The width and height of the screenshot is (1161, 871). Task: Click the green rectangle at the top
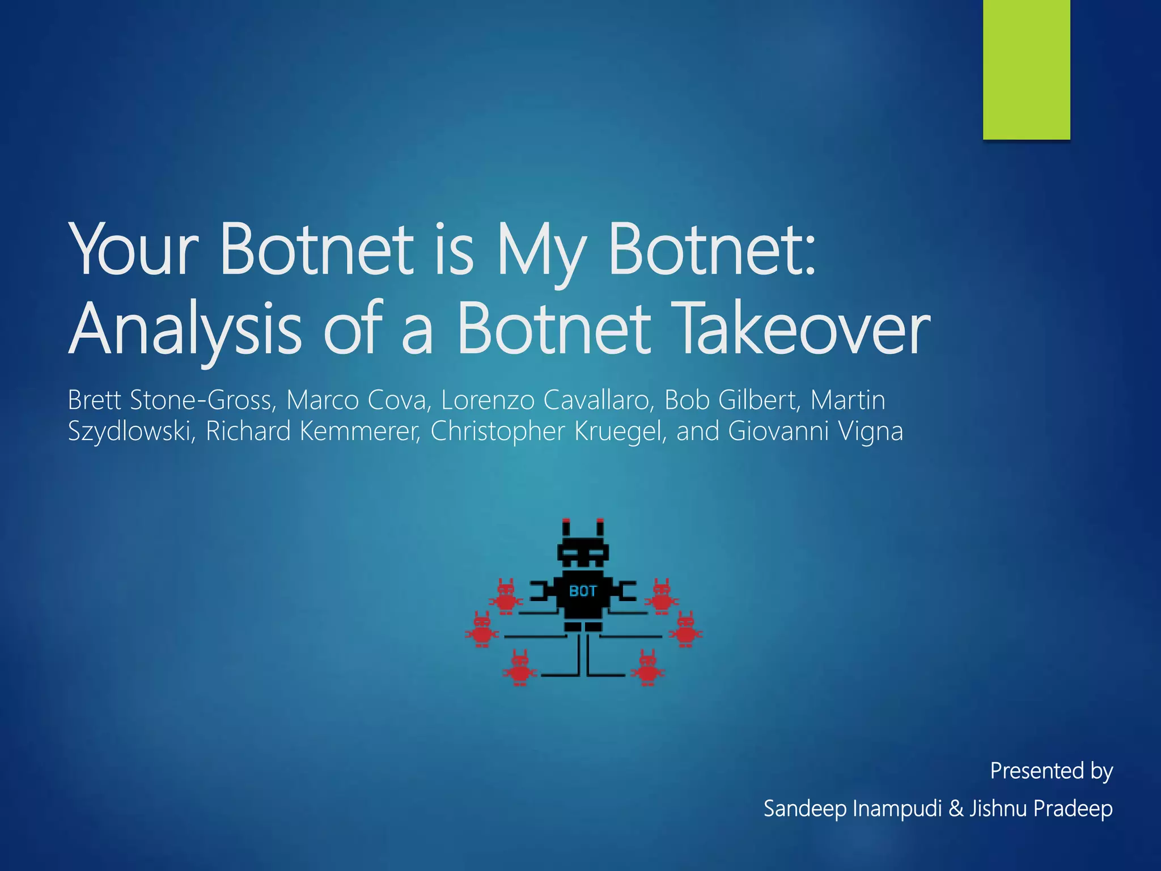1026,69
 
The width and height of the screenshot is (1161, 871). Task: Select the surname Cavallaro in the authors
596,400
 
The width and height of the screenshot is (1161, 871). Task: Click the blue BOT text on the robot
583,591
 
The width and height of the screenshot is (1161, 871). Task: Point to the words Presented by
1051,771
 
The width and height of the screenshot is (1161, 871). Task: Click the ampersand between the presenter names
956,808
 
